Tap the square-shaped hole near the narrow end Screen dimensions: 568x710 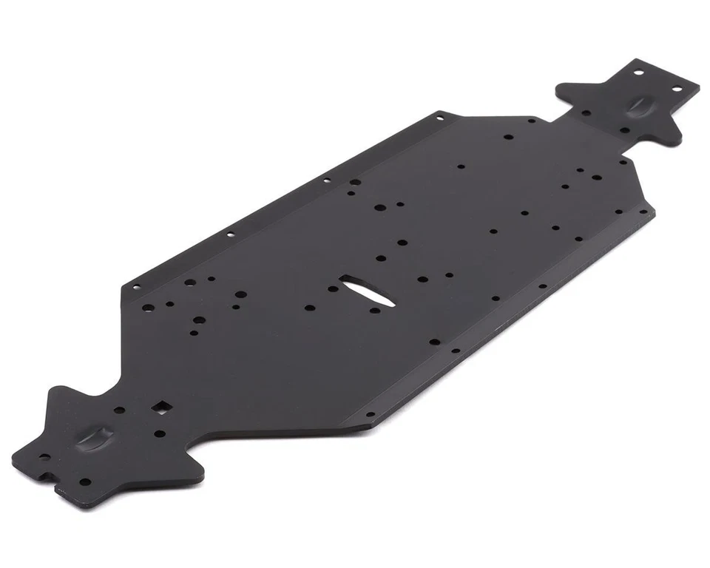(158, 406)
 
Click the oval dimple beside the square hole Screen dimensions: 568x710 (99, 438)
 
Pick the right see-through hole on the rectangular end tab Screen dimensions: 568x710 (675, 89)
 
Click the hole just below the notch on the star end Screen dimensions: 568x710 (85, 482)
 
